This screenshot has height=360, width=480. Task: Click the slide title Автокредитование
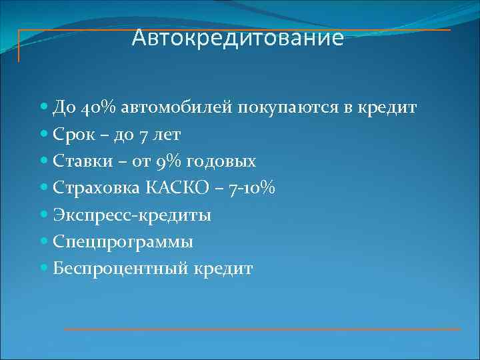[238, 38]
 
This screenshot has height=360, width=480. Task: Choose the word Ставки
[78, 161]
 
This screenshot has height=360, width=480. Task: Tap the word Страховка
[91, 189]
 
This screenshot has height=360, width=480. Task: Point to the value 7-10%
[251, 189]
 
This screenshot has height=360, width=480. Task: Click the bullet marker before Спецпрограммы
[44, 241]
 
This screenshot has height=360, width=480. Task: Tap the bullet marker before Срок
[44, 134]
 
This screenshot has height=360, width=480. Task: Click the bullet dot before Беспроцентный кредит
[44, 268]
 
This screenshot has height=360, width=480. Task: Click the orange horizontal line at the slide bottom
[261, 329]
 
